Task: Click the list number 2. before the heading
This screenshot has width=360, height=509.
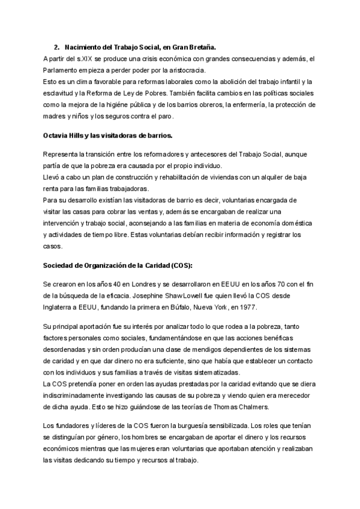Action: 56,47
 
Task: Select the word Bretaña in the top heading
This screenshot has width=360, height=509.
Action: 202,47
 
